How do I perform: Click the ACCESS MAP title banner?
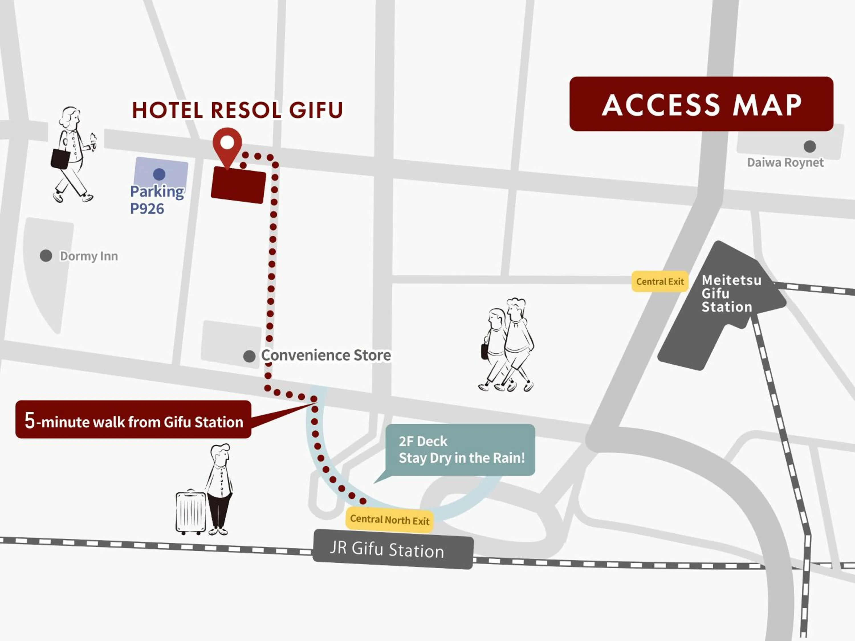pyautogui.click(x=701, y=104)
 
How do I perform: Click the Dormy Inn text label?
pyautogui.click(x=89, y=256)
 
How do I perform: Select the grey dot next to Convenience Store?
pyautogui.click(x=249, y=356)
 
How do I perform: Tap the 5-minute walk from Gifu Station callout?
pyautogui.click(x=133, y=420)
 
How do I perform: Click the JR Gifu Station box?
pyautogui.click(x=393, y=549)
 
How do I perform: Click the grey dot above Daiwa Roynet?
pyautogui.click(x=809, y=146)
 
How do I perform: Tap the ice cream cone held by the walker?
pyautogui.click(x=93, y=140)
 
